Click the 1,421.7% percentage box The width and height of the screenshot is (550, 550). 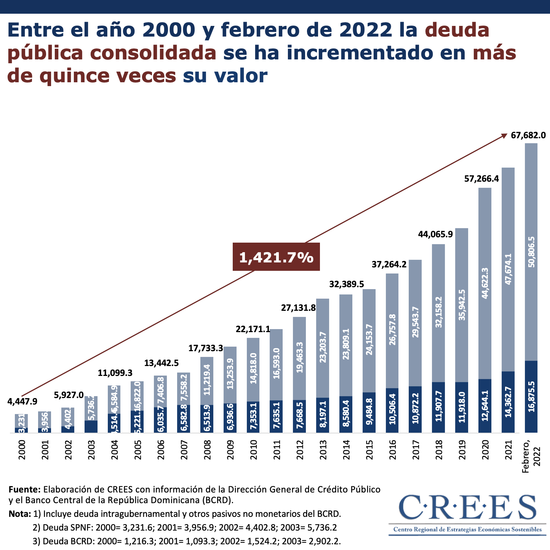(276, 258)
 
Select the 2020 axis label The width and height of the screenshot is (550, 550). (485, 450)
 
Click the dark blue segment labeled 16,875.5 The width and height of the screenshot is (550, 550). (531, 397)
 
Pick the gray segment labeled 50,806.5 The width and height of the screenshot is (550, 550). (531, 252)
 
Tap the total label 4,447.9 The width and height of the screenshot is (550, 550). (22, 401)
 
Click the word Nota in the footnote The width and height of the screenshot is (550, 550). (19, 514)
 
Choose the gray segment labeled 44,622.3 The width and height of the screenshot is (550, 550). (485, 283)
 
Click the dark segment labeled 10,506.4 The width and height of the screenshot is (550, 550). (392, 410)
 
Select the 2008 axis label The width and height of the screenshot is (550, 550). (207, 450)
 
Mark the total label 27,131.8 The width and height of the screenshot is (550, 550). (298, 308)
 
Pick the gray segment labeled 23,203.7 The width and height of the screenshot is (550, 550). (323, 348)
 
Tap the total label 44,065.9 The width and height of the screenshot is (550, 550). (435, 234)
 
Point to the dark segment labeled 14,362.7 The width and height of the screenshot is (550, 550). (508, 402)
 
